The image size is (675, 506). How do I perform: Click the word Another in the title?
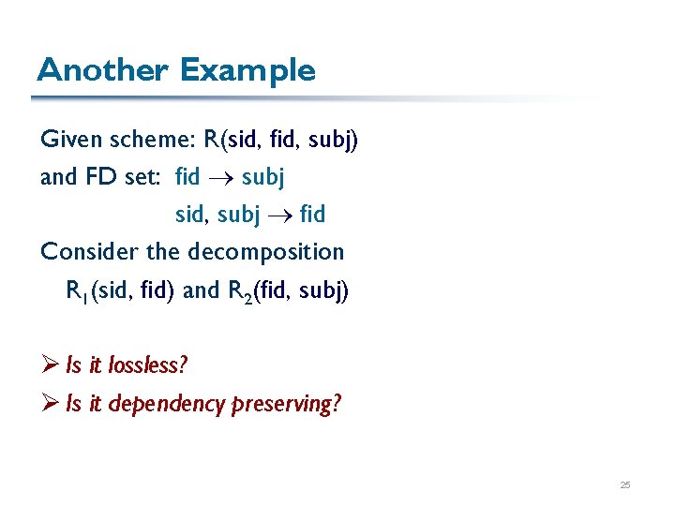tap(102, 70)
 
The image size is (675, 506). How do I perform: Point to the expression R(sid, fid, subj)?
tap(283, 140)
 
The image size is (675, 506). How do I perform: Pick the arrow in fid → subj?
tap(220, 177)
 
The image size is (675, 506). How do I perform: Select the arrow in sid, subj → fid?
tap(282, 215)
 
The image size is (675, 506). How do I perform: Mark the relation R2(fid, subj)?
tap(288, 290)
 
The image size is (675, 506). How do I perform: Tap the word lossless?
tap(148, 365)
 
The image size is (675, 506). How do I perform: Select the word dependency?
tap(168, 405)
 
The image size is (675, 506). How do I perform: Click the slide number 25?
tap(625, 485)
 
